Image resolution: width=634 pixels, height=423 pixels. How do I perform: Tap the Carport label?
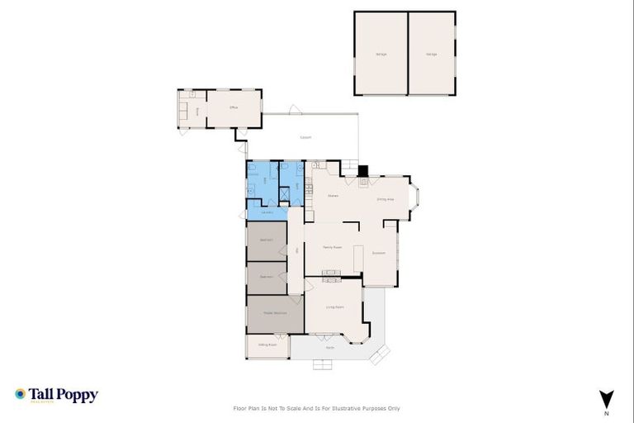pos(305,137)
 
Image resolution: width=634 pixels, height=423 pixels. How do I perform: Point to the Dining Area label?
pos(385,199)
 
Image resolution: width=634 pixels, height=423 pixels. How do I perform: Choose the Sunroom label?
pos(379,253)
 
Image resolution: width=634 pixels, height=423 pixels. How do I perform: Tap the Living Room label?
pos(334,307)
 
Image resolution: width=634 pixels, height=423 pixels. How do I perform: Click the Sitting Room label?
pos(267,345)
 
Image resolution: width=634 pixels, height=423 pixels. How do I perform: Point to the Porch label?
pos(329,348)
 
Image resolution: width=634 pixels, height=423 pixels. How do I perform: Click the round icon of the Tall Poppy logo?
pos(21,394)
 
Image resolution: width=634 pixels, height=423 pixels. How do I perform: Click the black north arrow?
pos(607,398)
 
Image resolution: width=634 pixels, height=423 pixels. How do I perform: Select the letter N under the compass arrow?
pos(607,412)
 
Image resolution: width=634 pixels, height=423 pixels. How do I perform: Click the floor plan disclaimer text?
pos(317,408)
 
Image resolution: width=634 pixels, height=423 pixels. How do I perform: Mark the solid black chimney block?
pos(362,170)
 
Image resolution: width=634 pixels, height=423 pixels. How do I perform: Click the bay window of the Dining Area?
pos(415,197)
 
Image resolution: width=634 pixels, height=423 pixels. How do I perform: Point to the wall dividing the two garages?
pos(408,53)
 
